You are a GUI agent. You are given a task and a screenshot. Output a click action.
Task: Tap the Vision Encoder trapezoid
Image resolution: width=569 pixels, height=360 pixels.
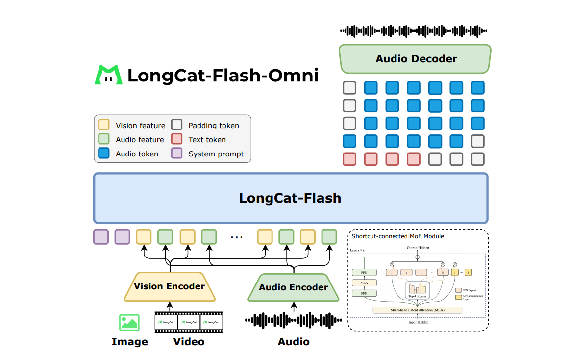169,286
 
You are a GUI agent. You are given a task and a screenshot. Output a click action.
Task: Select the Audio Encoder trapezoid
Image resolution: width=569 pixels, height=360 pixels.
293,287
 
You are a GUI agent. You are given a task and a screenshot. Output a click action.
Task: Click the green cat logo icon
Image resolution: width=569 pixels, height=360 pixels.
108,75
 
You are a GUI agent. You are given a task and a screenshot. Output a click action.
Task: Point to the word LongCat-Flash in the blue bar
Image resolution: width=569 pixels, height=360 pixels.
290,198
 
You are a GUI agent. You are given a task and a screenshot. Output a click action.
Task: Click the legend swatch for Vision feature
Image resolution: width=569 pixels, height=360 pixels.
104,125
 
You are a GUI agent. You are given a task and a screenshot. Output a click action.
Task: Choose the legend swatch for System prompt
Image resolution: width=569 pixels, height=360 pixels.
176,154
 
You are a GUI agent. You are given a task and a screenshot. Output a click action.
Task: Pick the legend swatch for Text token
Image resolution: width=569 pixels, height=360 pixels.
176,139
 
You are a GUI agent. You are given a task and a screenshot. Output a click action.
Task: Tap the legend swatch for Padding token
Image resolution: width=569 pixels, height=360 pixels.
176,125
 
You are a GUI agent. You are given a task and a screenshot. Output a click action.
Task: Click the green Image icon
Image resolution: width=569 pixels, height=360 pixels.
129,322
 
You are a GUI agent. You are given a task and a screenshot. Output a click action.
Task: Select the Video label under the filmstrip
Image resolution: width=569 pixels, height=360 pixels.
189,342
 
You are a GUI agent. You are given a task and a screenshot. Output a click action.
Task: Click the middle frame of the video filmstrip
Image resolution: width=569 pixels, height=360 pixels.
189,322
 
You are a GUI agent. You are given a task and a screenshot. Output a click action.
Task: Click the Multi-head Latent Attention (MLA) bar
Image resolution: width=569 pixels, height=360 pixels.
418,310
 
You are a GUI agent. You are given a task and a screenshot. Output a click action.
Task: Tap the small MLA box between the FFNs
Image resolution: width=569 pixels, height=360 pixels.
363,283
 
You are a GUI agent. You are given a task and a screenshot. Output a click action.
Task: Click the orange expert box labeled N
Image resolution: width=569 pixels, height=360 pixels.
443,272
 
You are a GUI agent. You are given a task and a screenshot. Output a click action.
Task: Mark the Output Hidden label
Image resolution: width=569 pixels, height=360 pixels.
418,248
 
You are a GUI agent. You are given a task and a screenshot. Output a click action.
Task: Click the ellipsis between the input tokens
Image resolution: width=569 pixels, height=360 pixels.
237,237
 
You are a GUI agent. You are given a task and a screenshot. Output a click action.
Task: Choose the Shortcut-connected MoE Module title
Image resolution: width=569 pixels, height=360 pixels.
397,236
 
